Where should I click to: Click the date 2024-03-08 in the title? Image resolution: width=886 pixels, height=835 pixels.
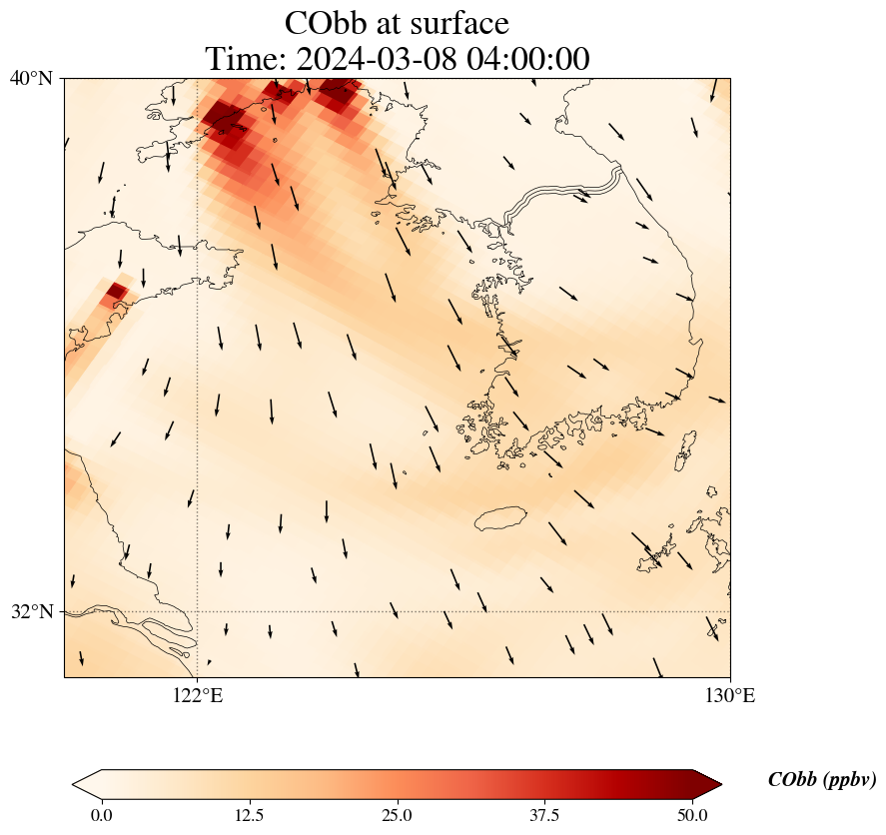tap(373, 59)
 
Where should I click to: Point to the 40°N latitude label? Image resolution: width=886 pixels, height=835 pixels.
tap(31, 78)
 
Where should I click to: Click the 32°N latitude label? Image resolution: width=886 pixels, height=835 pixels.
tap(31, 611)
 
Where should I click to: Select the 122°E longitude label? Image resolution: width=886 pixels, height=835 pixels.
tap(198, 695)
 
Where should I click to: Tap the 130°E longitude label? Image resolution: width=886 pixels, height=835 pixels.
tap(730, 695)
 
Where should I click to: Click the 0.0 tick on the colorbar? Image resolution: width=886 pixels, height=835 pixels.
tap(101, 815)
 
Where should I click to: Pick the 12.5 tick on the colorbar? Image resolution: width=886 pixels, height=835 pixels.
tap(249, 815)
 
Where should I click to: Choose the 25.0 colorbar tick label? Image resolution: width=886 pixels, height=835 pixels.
tap(398, 815)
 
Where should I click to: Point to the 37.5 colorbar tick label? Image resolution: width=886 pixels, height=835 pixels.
tap(545, 815)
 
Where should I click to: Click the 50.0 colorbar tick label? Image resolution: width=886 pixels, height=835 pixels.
tap(692, 815)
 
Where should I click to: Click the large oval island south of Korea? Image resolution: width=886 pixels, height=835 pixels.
tap(501, 518)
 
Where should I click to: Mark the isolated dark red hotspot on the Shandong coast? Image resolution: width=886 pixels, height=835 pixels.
tap(116, 292)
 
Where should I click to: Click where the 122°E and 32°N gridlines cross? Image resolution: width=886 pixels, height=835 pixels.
tap(198, 611)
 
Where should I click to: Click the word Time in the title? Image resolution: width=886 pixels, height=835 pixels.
tap(241, 59)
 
